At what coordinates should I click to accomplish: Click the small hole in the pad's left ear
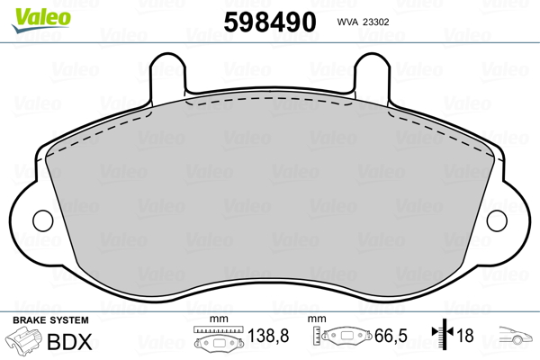tap(40, 220)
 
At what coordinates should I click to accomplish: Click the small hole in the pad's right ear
tap(498, 220)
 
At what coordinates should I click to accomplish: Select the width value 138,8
tap(268, 337)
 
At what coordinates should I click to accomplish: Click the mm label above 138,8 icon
tap(215, 319)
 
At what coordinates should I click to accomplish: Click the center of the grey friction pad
tap(269, 202)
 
